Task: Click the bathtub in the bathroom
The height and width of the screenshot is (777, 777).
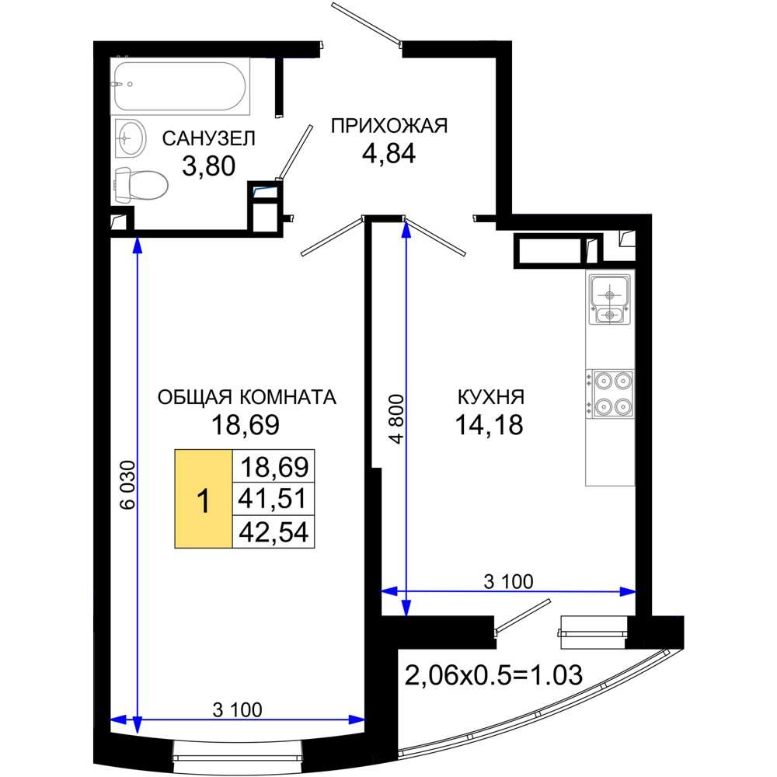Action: point(180,86)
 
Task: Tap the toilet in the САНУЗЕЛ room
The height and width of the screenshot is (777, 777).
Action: point(141,184)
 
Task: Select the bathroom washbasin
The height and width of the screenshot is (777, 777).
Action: point(131,138)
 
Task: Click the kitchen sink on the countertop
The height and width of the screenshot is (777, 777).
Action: point(609,300)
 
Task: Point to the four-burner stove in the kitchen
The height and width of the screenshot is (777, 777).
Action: point(610,394)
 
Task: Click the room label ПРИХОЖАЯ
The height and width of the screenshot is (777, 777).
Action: point(389,126)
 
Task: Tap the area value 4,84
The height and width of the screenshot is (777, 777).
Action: point(389,153)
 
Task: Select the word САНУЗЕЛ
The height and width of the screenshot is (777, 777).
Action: point(208,138)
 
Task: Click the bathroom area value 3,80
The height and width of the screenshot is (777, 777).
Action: point(208,166)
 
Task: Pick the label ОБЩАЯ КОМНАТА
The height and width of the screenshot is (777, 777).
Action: point(247,397)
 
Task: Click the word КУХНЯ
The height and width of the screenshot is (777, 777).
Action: point(490,397)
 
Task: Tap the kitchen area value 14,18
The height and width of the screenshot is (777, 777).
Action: point(489,425)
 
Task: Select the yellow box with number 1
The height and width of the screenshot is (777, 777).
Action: point(203,499)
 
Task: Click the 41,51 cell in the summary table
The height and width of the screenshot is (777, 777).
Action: point(273,498)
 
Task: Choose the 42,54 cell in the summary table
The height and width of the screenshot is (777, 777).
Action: point(273,531)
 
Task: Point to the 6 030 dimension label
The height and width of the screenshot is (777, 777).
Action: point(127,485)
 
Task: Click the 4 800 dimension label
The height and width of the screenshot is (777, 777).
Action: point(397,419)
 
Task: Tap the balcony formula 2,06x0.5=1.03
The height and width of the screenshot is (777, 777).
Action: point(493,675)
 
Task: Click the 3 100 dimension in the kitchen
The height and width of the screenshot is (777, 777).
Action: point(508,581)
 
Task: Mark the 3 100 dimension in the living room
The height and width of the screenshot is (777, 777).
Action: point(237,710)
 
